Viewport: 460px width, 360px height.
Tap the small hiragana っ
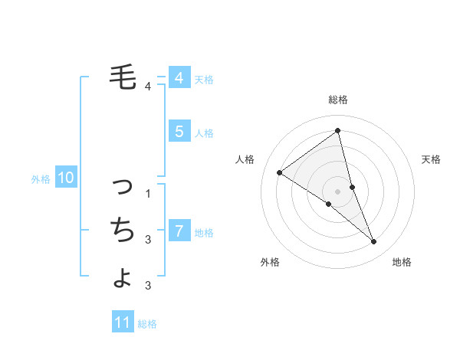123,185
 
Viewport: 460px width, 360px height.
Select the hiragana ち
123,228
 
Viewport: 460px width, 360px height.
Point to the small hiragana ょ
123,277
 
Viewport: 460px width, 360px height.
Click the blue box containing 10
65,178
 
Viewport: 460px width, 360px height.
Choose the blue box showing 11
123,322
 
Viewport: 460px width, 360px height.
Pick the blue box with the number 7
179,231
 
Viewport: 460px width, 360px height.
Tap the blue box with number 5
179,131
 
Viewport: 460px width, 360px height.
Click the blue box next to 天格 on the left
179,77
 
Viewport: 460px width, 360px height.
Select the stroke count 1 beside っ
149,193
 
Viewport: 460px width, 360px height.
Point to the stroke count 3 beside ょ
149,286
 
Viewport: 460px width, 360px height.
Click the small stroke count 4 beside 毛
149,86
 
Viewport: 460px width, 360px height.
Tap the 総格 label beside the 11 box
147,324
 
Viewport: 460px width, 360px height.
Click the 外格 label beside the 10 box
41,179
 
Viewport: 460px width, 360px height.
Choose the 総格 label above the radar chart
337,100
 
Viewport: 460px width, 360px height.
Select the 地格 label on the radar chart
402,262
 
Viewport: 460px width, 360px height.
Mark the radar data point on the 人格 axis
279,172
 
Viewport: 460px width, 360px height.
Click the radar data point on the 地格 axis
374,241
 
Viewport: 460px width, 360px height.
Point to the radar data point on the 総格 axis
337,130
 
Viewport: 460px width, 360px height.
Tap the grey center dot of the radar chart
337,190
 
